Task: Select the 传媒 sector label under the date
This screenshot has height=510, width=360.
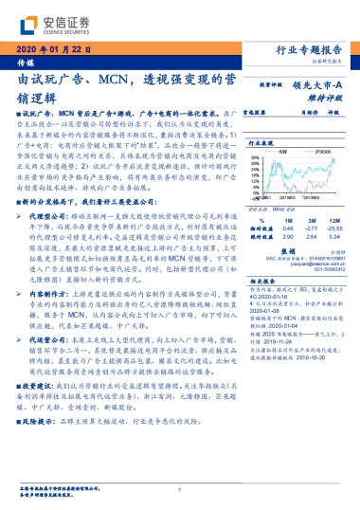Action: coord(26,61)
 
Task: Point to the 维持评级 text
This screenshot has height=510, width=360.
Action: coord(323,96)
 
